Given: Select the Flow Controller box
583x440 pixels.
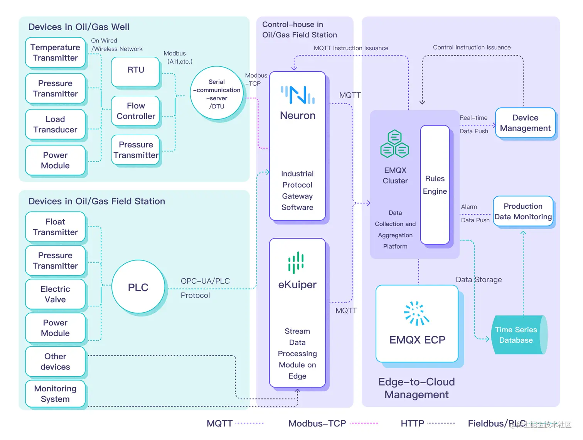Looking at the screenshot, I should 136,111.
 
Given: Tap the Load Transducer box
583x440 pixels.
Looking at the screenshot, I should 55,124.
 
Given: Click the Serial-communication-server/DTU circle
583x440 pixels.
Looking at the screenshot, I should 217,94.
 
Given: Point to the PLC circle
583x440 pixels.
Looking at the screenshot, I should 138,287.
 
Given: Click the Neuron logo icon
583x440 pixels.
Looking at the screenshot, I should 298,95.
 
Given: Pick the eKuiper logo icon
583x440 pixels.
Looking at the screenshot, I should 296,262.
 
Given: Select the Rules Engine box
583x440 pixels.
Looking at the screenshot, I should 435,185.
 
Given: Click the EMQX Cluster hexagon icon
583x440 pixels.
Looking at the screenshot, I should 394,144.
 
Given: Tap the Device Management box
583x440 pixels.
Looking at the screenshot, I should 525,123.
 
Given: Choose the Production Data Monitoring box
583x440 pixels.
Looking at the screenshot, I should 523,212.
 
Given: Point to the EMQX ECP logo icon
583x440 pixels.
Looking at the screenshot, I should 416,313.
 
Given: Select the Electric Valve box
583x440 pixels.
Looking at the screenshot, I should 55,294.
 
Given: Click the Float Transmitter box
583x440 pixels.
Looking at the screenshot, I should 55,227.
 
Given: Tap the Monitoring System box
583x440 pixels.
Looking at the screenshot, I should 55,394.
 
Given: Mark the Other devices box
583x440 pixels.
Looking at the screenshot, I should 55,361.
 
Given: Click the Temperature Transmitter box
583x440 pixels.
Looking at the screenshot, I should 55,52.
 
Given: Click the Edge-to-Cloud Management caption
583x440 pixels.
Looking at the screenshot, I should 416,388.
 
